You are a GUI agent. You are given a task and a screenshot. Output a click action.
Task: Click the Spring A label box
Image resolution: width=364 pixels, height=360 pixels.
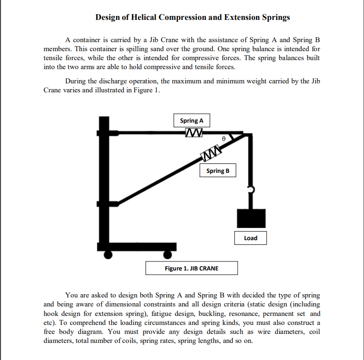pyautogui.click(x=192, y=121)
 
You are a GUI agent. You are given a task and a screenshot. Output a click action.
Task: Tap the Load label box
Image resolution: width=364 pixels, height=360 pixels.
pyautogui.click(x=250, y=238)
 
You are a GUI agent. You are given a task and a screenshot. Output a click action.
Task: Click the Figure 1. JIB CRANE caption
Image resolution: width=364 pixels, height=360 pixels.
pyautogui.click(x=191, y=268)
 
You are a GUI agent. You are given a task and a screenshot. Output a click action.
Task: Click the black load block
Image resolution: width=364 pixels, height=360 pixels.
pyautogui.click(x=251, y=218)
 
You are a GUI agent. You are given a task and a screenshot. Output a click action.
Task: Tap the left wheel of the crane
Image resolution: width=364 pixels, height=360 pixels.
pyautogui.click(x=108, y=255)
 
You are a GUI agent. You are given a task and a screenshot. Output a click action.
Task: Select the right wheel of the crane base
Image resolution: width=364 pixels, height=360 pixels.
pyautogui.click(x=167, y=255)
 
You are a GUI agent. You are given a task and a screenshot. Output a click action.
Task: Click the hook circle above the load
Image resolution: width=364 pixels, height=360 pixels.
pyautogui.click(x=251, y=189)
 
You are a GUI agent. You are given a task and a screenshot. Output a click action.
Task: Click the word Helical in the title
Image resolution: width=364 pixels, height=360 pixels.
pyautogui.click(x=142, y=18)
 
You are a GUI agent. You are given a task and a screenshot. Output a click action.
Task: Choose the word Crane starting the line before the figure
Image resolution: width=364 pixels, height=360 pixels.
pyautogui.click(x=53, y=90)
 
